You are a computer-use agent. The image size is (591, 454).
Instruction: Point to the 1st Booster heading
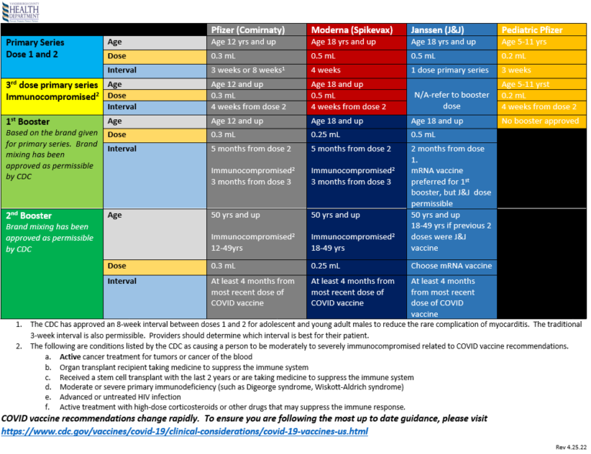(28, 122)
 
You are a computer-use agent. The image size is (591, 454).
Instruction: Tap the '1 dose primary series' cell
(450, 70)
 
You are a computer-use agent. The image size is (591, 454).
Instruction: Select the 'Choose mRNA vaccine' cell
(451, 265)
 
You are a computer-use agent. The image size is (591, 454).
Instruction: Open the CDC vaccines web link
(185, 431)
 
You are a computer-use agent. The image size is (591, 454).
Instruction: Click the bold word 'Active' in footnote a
(70, 357)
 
